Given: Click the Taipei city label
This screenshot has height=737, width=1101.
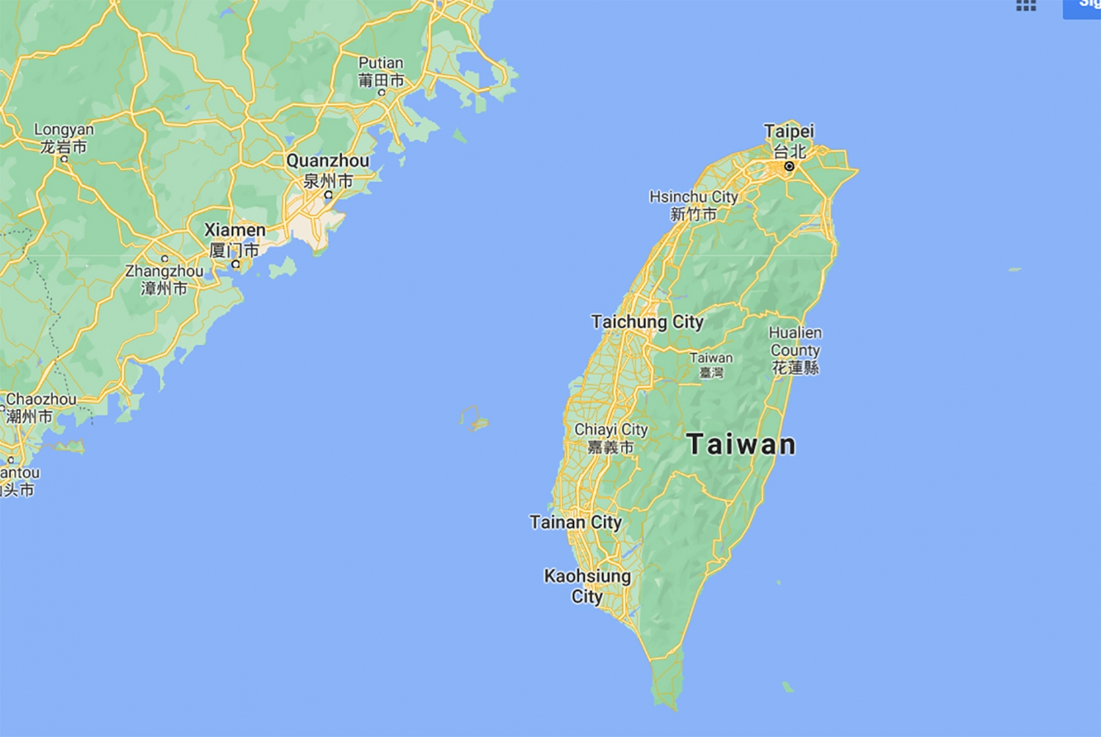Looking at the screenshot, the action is pos(789,140).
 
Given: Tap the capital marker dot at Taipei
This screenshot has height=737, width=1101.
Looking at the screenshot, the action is pos(789,167).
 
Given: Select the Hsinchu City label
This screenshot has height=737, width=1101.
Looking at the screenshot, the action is pos(694,205).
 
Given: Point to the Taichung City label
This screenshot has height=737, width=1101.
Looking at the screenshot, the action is pos(647,322).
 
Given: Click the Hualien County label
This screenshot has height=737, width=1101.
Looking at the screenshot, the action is pos(795,350).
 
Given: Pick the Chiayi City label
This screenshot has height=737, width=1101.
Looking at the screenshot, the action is pos(611,438).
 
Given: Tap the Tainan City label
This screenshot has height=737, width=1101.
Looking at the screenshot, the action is pos(575,522).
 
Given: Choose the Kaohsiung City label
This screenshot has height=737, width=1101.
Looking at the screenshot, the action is pos(587,586).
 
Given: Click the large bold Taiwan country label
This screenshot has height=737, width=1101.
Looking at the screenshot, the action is pos(741,444).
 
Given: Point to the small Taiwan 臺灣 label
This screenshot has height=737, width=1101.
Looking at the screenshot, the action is pos(711,364).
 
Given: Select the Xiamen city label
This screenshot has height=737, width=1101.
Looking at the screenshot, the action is pos(235,239).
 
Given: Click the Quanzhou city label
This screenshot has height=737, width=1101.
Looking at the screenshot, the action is pos(328,170).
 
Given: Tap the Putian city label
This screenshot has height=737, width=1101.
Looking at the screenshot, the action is pos(381,71).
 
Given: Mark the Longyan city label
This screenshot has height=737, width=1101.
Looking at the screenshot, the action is pos(64,138).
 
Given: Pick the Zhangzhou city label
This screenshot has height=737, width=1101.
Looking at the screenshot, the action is pos(164,279).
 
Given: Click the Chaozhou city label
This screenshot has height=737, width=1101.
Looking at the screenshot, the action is pos(40,407).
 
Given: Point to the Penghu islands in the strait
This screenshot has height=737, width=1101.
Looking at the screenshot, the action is pos(475,418).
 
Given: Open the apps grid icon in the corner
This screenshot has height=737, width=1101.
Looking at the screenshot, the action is pos(1025,6).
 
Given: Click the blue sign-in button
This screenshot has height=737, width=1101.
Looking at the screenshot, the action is pos(1083,7).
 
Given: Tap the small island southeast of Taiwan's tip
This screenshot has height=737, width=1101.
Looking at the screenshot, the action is pos(788,687).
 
